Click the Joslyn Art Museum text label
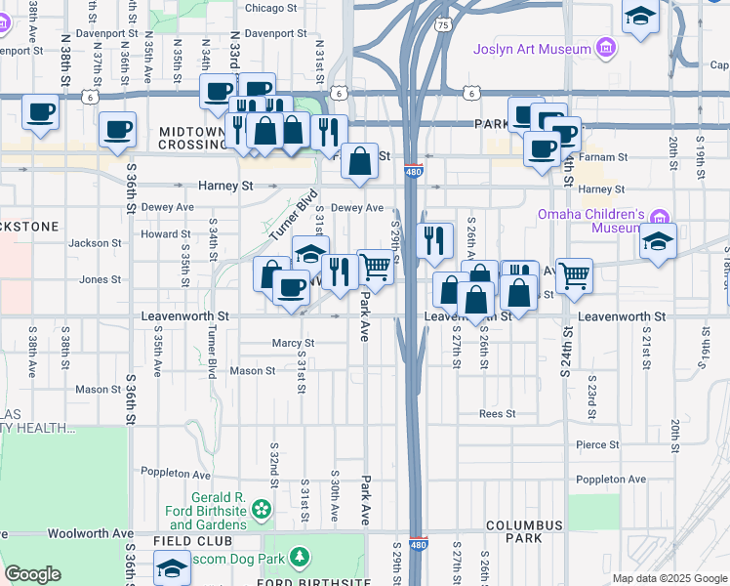click(x=532, y=49)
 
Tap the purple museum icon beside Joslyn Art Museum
click(x=607, y=48)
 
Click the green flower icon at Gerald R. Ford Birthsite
click(x=261, y=509)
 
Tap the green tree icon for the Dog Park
click(x=302, y=558)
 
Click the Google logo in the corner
click(x=32, y=574)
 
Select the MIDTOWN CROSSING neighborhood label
click(x=192, y=138)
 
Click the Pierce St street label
click(x=597, y=444)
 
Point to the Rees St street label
click(x=497, y=414)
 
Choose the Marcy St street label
click(x=293, y=343)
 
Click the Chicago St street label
click(x=270, y=8)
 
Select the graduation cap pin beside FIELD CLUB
click(x=173, y=566)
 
